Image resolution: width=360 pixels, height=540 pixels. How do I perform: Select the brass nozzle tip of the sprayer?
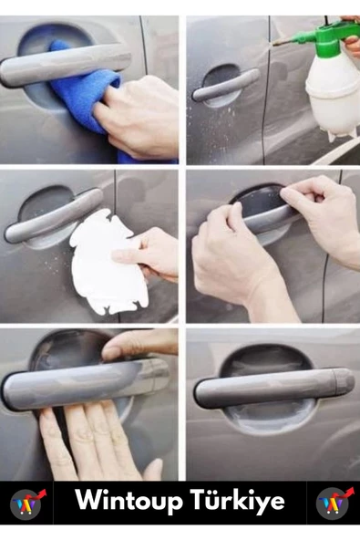coord(280,42)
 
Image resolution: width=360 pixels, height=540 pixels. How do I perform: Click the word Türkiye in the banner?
coord(238,501)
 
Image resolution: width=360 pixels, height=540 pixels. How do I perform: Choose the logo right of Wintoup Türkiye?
coord(334,504)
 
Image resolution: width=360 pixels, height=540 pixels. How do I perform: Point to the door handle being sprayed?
coord(225,85)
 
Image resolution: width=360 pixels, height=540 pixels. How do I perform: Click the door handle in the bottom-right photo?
coord(273,388)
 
